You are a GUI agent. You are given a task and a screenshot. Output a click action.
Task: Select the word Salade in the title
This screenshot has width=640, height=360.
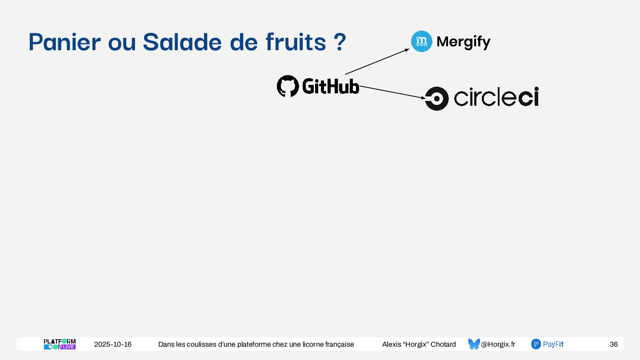tap(182, 42)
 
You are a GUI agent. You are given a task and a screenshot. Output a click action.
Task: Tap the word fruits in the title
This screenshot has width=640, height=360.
tap(296, 42)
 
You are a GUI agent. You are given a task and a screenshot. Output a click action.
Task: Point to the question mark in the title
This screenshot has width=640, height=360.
tap(339, 42)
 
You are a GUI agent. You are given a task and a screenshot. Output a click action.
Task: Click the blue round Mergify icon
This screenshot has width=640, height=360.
tap(421, 41)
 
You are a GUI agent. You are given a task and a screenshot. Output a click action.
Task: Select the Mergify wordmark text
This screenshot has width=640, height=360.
tap(464, 42)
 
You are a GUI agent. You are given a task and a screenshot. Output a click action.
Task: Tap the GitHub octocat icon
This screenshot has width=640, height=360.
tap(288, 86)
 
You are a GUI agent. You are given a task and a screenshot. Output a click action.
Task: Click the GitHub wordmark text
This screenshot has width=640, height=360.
tap(331, 86)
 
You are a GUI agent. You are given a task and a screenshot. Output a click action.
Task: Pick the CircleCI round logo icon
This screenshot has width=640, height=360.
tap(436, 98)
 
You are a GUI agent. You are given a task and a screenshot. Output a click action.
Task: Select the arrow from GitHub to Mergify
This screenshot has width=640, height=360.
tap(377, 61)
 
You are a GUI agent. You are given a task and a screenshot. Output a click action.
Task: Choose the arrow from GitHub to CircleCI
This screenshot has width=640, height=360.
tap(392, 92)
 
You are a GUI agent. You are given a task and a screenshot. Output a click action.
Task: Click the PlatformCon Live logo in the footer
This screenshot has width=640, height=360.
tap(60, 344)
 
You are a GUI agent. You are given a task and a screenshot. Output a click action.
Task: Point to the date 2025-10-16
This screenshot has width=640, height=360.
tap(113, 344)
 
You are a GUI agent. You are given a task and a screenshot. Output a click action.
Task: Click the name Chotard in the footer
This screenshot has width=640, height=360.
tap(443, 344)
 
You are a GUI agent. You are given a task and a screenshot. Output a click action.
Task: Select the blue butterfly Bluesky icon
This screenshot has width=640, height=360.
tap(474, 344)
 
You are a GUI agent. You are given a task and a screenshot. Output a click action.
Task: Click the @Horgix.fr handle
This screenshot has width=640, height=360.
tap(498, 344)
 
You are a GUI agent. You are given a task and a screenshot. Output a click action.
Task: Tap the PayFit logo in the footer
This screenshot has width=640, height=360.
tap(547, 344)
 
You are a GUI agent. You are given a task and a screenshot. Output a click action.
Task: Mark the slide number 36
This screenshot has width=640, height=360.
tap(613, 344)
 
